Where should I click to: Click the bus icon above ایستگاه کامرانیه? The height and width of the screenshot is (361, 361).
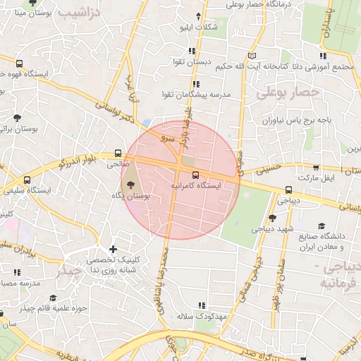[195, 175]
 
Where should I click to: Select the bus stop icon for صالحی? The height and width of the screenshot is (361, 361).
[118, 155]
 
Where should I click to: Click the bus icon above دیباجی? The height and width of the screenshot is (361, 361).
[289, 190]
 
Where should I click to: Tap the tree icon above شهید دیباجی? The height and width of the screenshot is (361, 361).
[272, 219]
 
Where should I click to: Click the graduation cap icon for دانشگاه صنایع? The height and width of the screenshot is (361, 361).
[322, 226]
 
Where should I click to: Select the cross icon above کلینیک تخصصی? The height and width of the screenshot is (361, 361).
[113, 249]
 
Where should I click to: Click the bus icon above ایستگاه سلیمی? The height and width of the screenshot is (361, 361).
[27, 180]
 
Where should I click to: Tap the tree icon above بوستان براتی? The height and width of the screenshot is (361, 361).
[17, 118]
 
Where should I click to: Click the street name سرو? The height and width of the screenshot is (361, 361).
[168, 139]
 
